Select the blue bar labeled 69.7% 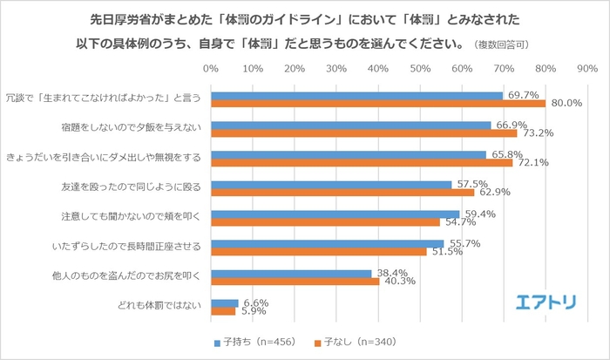point(356,95)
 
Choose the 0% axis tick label point(210,68)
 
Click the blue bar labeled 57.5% point(331,184)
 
